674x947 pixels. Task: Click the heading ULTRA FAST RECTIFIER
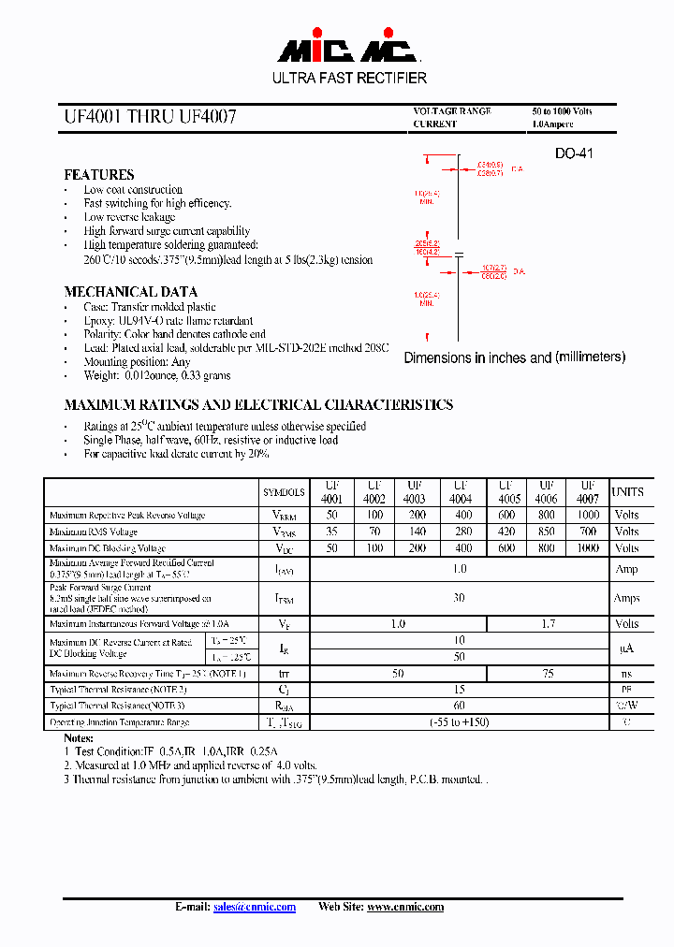point(349,79)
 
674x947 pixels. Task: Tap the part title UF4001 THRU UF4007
point(150,117)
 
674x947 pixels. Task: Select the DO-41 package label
point(574,153)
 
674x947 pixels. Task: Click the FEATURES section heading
point(98,175)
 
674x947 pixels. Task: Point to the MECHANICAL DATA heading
point(130,292)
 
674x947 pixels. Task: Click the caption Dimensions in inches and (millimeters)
point(514,357)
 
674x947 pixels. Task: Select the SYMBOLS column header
point(284,492)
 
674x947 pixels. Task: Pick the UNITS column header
point(627,492)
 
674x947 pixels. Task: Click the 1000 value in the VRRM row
point(588,516)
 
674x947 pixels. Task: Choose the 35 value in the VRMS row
point(331,532)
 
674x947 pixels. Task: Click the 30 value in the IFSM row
point(459,598)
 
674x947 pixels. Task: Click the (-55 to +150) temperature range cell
point(459,722)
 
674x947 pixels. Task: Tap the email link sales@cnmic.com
point(254,907)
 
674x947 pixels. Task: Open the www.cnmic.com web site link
point(404,907)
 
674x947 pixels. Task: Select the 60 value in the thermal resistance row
point(459,706)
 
